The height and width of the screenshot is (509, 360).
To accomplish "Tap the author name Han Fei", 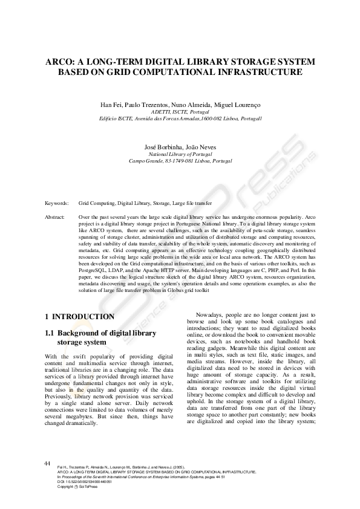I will click(111, 105).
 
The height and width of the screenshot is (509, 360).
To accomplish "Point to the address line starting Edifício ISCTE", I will click(180, 119).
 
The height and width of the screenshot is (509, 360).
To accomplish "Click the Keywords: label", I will click(57, 204).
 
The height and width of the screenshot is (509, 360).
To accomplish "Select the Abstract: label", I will click(55, 216).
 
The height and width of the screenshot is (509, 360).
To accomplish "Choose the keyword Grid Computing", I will click(97, 204).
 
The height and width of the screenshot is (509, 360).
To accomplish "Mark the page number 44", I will click(47, 463).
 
